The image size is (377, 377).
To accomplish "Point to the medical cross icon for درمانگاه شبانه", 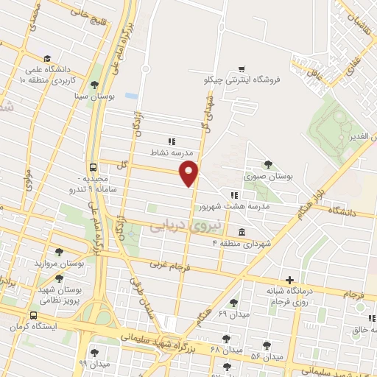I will [x=291, y=281].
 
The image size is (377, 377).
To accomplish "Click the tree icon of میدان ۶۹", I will [x=234, y=302].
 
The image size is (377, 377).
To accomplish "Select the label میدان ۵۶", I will [x=267, y=357].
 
